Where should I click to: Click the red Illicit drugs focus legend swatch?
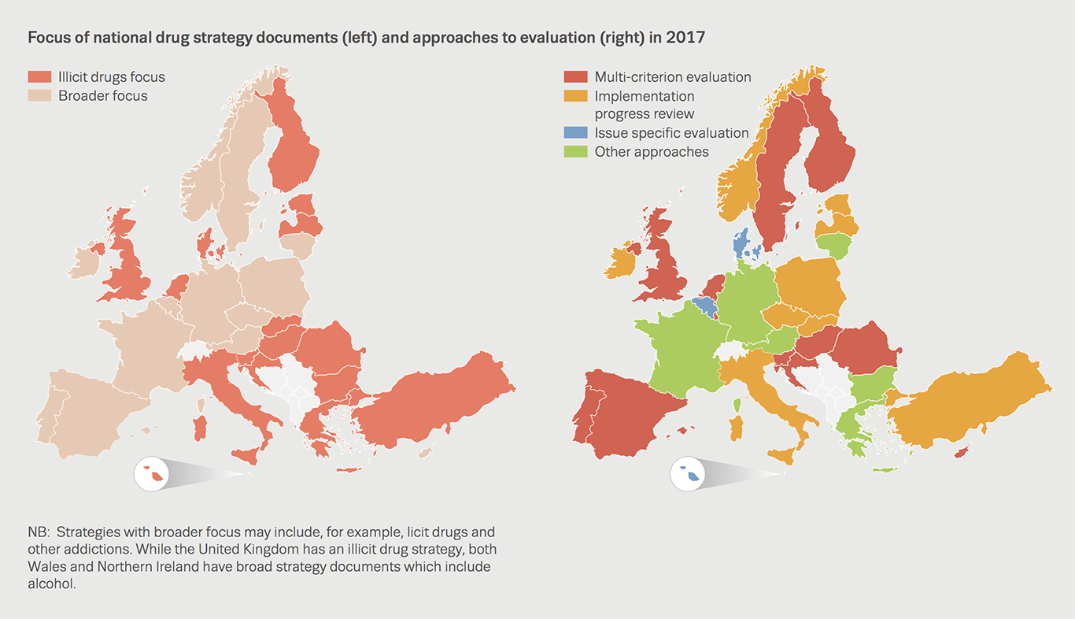point(40,77)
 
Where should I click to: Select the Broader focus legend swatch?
point(40,96)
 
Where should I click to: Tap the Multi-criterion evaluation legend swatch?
point(576,77)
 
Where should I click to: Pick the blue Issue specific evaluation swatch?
point(576,133)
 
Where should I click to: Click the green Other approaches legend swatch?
point(576,152)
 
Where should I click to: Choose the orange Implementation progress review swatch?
point(576,96)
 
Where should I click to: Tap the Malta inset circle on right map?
point(689,473)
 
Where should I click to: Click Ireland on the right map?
point(621,260)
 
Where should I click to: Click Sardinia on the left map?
point(200,428)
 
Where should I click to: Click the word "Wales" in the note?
point(46,567)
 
